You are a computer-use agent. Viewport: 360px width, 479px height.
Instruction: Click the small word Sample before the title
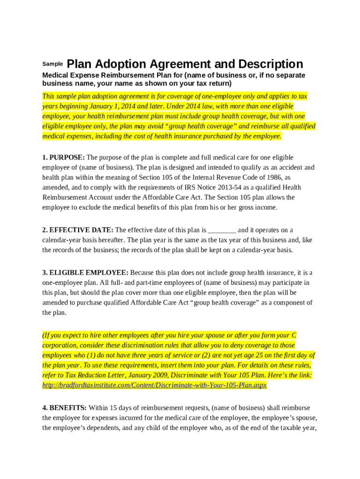pos(52,64)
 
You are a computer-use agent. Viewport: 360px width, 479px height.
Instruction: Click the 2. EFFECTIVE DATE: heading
pos(78,230)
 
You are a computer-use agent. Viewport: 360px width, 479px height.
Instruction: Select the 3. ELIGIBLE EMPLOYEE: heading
pos(85,273)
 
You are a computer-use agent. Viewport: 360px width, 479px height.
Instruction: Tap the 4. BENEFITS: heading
pos(65,408)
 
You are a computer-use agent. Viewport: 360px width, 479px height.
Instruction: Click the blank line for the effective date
pos(222,230)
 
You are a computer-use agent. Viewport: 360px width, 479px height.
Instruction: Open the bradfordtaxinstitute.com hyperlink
pos(154,385)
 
